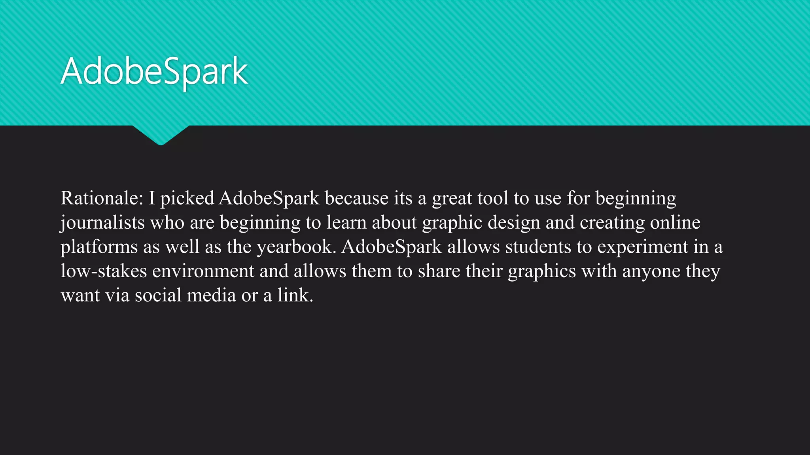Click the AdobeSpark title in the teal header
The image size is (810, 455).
pyautogui.click(x=154, y=71)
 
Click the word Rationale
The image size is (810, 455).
pyautogui.click(x=101, y=198)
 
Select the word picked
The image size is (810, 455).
pyautogui.click(x=187, y=199)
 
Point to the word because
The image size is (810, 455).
pyautogui.click(x=356, y=198)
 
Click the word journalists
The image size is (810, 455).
pyautogui.click(x=103, y=223)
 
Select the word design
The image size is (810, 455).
pyautogui.click(x=514, y=223)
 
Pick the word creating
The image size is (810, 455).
pyautogui.click(x=612, y=223)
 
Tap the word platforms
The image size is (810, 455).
pyautogui.click(x=99, y=247)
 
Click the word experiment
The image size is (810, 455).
pyautogui.click(x=643, y=247)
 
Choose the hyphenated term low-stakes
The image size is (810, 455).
pyautogui.click(x=104, y=271)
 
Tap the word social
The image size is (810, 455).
pyautogui.click(x=158, y=295)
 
